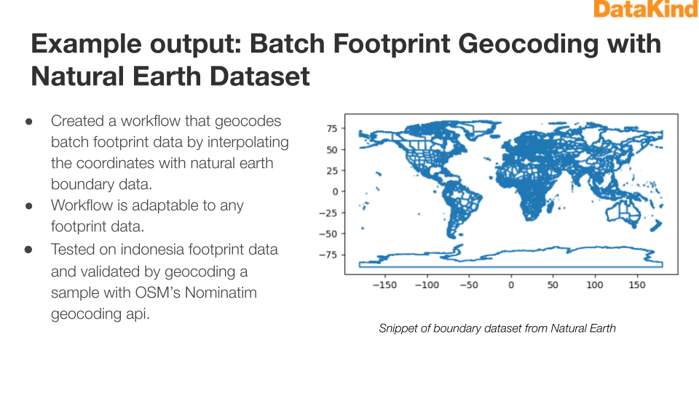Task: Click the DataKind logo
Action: click(646, 9)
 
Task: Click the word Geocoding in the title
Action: click(528, 44)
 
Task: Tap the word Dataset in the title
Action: click(259, 76)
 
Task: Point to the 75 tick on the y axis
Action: click(332, 128)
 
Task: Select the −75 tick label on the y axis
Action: click(328, 255)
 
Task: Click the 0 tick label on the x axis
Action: click(511, 285)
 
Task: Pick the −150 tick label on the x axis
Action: click(384, 285)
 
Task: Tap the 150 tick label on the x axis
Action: click(636, 285)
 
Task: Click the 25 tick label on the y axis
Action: click(332, 170)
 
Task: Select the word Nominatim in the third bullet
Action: click(221, 293)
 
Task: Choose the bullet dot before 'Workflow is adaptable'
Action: click(29, 206)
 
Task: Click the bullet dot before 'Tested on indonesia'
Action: click(28, 250)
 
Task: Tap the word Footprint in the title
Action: click(392, 44)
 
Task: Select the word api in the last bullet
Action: click(138, 314)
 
